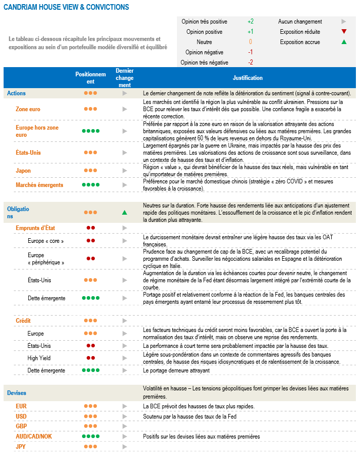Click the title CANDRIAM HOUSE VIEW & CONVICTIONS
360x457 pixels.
point(66,8)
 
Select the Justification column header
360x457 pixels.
point(247,78)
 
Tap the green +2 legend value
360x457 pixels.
point(250,22)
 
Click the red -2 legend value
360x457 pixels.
point(250,63)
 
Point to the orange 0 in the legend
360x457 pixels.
point(250,42)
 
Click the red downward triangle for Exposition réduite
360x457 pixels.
point(344,32)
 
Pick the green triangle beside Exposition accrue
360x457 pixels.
point(344,42)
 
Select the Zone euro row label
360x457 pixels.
point(28,109)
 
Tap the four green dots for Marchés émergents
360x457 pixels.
point(90,185)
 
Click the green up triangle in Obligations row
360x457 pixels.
point(124,212)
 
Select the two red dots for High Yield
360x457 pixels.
point(90,358)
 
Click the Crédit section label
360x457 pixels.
point(23,320)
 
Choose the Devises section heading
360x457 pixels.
point(17,393)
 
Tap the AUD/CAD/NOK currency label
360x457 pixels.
point(34,437)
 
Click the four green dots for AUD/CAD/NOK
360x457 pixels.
point(90,437)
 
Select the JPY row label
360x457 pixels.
point(21,447)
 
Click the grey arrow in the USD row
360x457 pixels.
point(124,417)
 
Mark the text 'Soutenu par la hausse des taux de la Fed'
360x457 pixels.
point(189,417)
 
